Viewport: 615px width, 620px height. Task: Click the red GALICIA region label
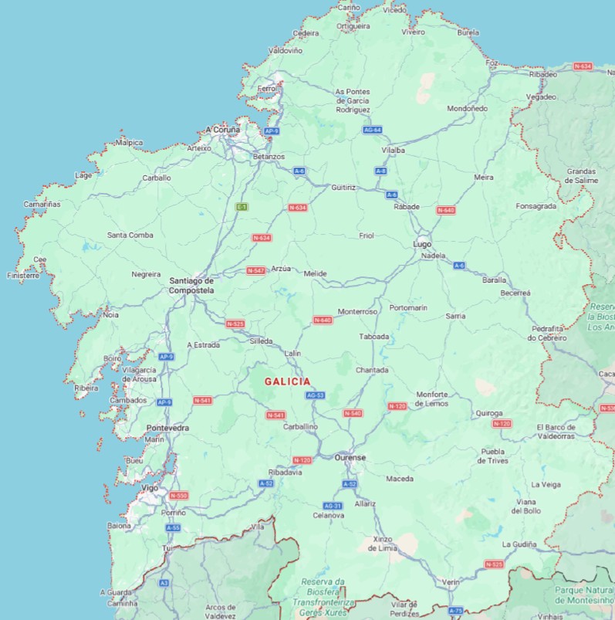287,381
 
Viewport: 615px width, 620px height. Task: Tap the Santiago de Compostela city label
191,285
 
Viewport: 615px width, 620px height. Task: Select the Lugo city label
422,243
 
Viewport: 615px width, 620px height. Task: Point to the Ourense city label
350,457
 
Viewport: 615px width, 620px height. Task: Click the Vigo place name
150,488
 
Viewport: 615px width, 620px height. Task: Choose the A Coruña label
222,130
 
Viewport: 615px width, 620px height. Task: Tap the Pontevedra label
167,428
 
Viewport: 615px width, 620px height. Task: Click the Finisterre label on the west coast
22,275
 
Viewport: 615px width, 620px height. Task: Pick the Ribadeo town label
543,74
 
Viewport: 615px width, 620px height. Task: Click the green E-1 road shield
242,207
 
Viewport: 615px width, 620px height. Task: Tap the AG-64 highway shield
372,130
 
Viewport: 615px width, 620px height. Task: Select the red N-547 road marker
256,270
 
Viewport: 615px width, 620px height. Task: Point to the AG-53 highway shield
315,395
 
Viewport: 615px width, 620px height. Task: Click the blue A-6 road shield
459,265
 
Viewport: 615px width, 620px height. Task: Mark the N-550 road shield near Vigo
177,496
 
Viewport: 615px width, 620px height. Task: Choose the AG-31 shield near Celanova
333,505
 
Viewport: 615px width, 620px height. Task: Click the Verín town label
451,581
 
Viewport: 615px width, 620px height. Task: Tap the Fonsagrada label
536,206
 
